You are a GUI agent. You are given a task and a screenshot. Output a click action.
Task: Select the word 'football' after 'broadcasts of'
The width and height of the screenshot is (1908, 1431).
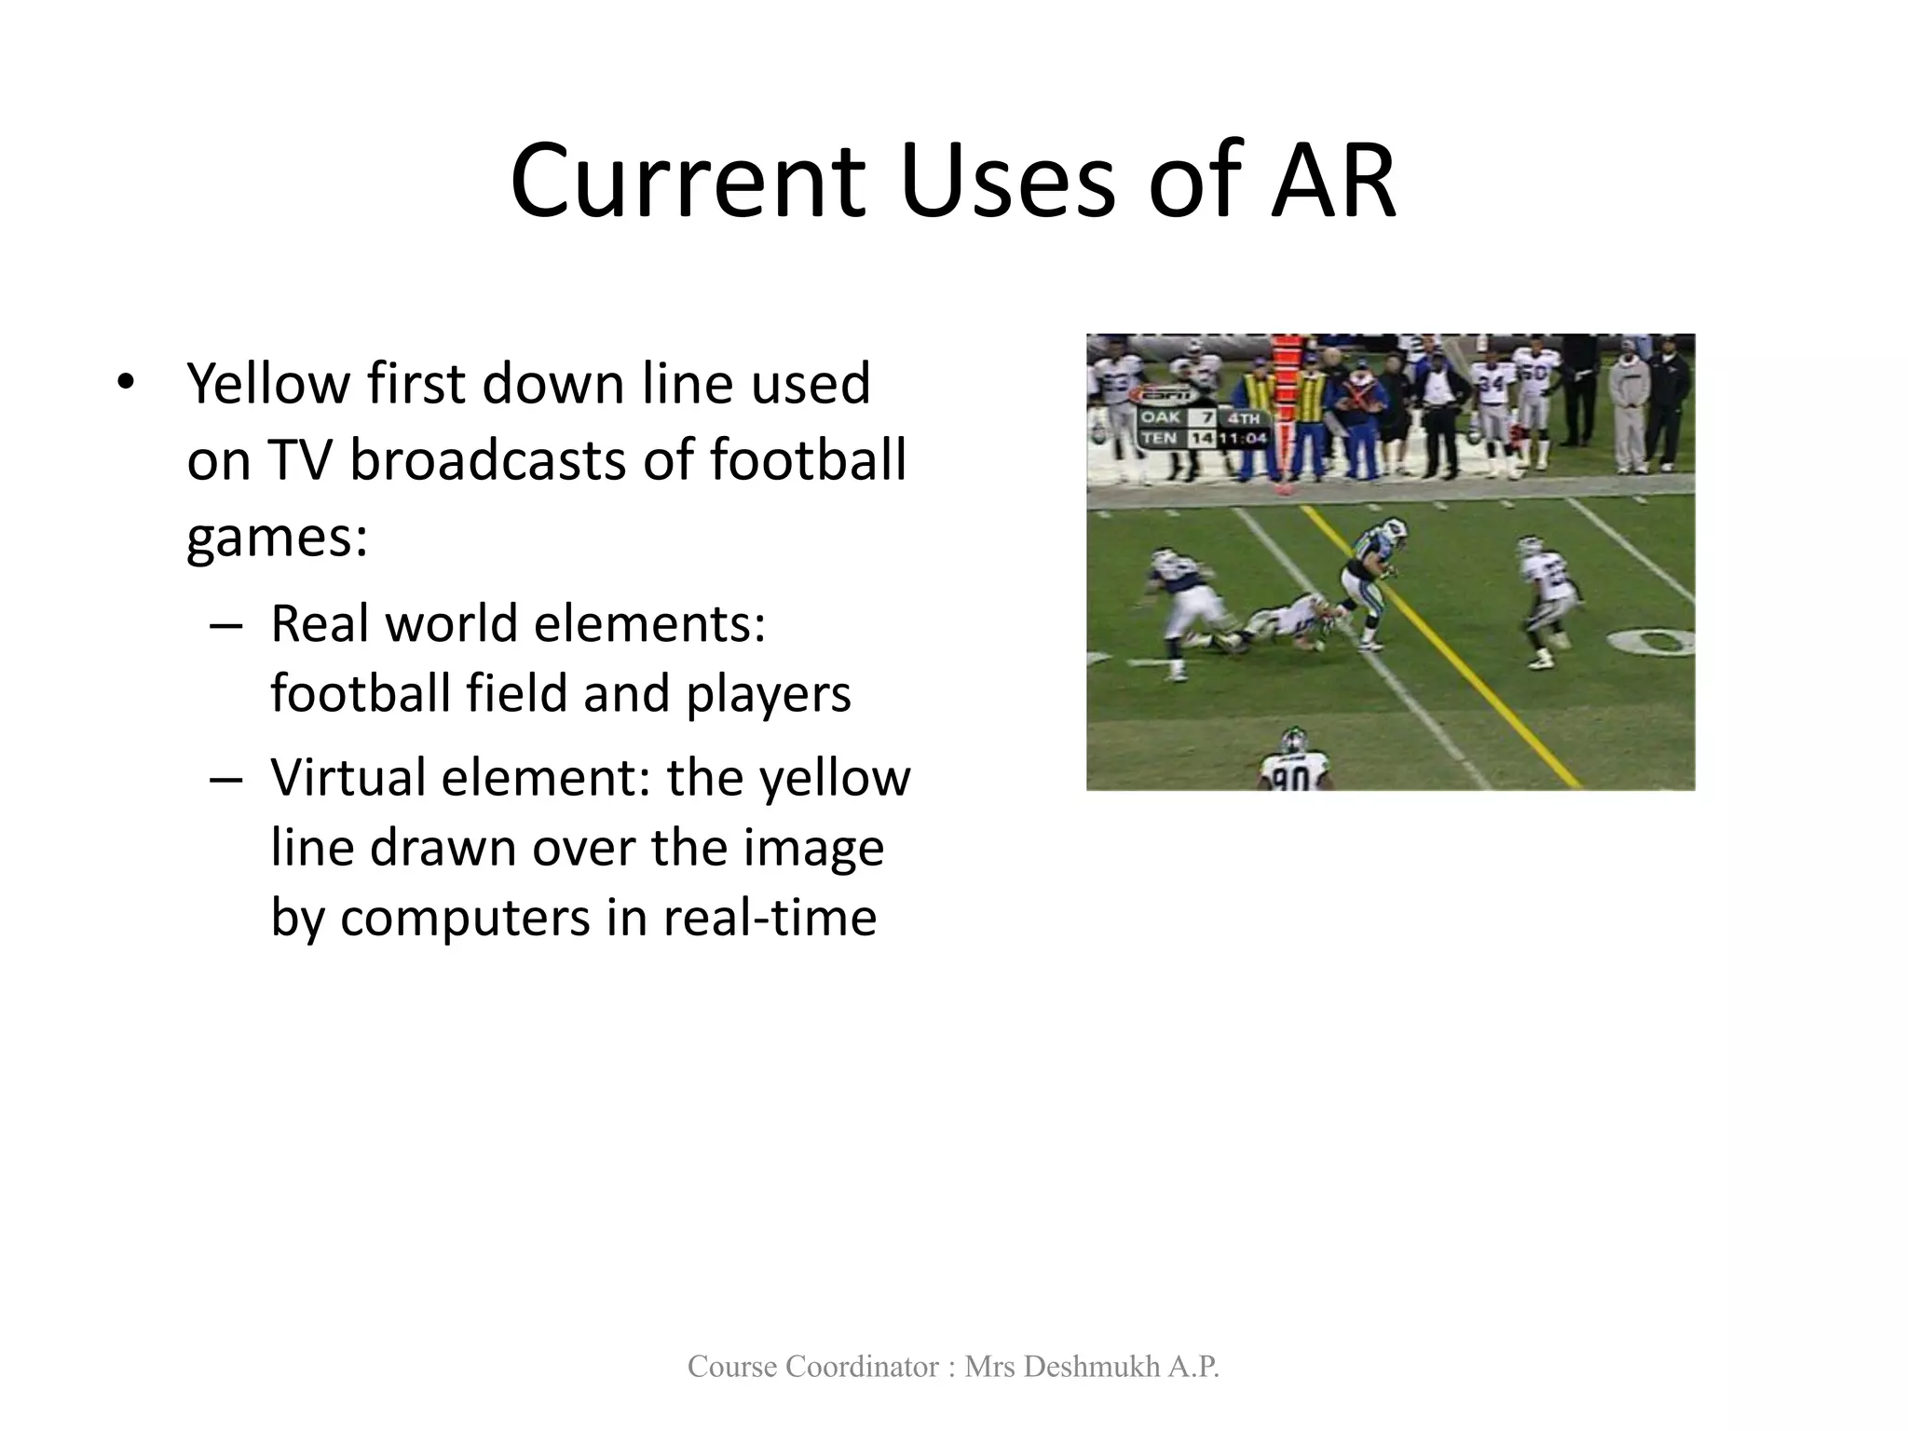click(807, 460)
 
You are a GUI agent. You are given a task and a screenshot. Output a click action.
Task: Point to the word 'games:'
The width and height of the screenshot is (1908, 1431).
click(277, 538)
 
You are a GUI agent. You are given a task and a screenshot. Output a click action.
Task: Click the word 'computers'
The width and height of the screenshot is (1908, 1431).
click(465, 918)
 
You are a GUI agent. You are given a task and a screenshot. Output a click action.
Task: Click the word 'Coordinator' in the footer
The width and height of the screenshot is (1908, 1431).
click(862, 1367)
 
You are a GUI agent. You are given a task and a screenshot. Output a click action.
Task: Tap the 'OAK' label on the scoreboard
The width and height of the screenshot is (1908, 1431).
click(1160, 417)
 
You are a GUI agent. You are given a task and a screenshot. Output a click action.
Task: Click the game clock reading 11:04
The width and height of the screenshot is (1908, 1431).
click(1243, 438)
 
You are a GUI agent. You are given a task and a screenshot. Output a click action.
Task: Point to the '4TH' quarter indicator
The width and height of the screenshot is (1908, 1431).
click(1243, 418)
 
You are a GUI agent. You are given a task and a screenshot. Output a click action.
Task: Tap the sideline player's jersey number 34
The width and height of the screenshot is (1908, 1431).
click(1491, 382)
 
